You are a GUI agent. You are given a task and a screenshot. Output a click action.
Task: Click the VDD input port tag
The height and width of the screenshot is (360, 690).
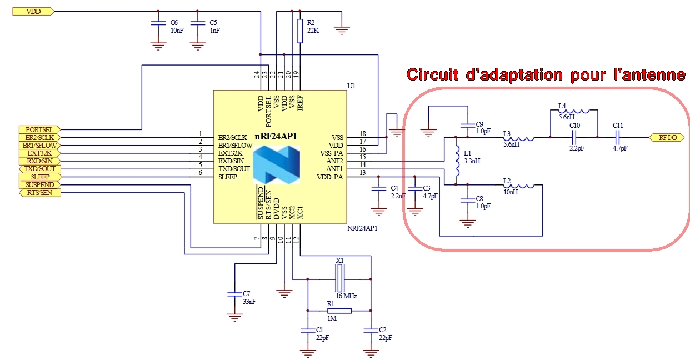pyautogui.click(x=33, y=11)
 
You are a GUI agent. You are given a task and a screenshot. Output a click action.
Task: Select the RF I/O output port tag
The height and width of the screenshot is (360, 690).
pyautogui.click(x=667, y=137)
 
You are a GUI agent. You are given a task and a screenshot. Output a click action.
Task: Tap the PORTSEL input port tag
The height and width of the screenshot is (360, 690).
pyautogui.click(x=39, y=129)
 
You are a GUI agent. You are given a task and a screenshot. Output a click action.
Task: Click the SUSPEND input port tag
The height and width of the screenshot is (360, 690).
pyautogui.click(x=39, y=184)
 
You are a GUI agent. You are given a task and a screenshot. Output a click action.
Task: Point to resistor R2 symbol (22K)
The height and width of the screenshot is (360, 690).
pyautogui.click(x=300, y=31)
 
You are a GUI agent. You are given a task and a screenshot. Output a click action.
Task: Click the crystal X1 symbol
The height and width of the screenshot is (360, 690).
pyautogui.click(x=339, y=278)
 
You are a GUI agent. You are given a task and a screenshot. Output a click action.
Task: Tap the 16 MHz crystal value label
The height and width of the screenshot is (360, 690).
pyautogui.click(x=346, y=296)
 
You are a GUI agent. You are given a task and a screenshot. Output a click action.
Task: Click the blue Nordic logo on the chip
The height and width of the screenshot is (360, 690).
pyautogui.click(x=276, y=165)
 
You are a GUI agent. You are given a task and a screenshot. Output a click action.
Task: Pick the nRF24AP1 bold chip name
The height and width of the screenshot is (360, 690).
pyautogui.click(x=277, y=136)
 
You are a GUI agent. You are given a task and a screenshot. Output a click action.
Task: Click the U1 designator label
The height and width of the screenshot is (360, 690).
pyautogui.click(x=351, y=86)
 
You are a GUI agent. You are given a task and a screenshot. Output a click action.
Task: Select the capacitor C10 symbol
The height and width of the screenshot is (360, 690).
pyautogui.click(x=573, y=137)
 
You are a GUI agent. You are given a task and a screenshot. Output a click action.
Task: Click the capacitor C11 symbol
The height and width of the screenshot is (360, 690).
pyautogui.click(x=617, y=137)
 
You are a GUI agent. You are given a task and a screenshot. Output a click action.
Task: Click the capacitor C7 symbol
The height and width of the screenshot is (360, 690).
pyautogui.click(x=235, y=293)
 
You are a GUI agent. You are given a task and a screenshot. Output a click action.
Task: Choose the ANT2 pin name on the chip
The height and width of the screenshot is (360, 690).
pyautogui.click(x=334, y=161)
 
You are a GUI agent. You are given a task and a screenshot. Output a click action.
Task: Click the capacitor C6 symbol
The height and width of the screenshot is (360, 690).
pyautogui.click(x=159, y=23)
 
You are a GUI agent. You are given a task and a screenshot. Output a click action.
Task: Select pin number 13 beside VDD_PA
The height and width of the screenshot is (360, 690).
pyautogui.click(x=363, y=174)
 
